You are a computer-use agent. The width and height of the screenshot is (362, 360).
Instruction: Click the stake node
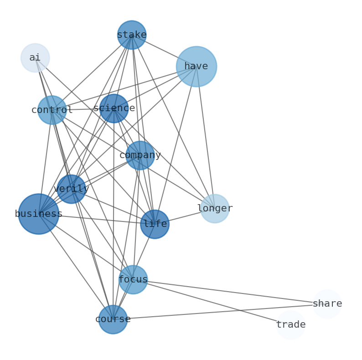point(132,35)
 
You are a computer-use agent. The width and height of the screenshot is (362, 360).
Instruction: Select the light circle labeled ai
point(35,58)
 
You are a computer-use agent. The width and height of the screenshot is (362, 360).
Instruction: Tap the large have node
point(197,67)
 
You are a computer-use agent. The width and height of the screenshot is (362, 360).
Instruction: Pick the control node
point(52,110)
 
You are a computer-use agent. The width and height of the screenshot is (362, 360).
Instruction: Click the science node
point(114,108)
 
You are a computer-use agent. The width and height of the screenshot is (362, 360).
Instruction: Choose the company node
point(140,155)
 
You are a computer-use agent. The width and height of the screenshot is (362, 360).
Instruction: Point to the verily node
point(71,189)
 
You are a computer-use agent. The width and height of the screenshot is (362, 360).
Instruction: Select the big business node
point(39,214)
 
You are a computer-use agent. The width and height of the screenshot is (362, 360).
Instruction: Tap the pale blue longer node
point(215,209)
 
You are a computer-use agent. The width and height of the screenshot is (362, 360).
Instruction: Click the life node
point(155,224)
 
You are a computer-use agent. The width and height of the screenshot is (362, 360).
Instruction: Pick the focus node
point(133,279)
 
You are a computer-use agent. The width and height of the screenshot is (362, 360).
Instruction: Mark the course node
point(113,319)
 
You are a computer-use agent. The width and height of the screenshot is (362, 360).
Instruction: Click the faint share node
point(327,304)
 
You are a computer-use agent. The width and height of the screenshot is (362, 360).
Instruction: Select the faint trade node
point(291,325)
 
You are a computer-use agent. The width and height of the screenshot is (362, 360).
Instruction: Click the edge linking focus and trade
point(212,302)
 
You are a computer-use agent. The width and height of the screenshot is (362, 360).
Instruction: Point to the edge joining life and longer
point(185,216)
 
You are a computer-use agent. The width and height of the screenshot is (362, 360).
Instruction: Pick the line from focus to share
point(230,292)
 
